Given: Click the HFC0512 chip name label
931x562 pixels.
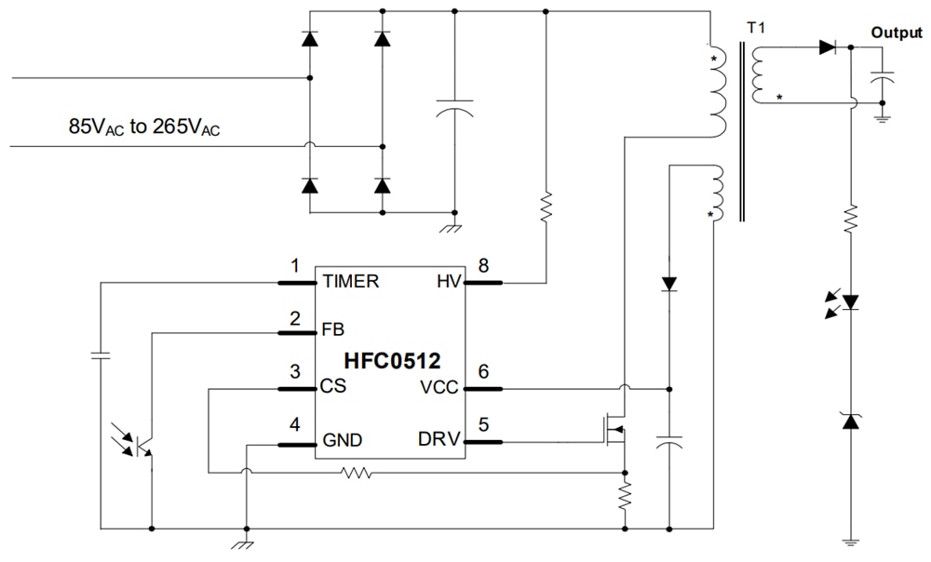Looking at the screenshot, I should coord(392,360).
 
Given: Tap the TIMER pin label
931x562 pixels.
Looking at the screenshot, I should coord(350,282).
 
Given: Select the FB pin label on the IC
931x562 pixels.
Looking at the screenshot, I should coord(332,329).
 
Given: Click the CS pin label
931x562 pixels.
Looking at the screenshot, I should coord(333,385).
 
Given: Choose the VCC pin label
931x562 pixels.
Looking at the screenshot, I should coord(440,387).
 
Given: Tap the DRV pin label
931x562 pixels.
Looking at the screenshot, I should coord(440,440).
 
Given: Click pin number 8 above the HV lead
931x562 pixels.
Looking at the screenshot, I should coord(483,266).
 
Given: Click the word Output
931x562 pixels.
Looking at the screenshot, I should coord(896,33).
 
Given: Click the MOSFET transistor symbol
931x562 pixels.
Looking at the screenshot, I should coord(614,430).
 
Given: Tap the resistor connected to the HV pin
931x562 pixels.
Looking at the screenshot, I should coord(546,204).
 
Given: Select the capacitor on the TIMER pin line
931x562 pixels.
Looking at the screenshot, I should coord(99,355).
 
